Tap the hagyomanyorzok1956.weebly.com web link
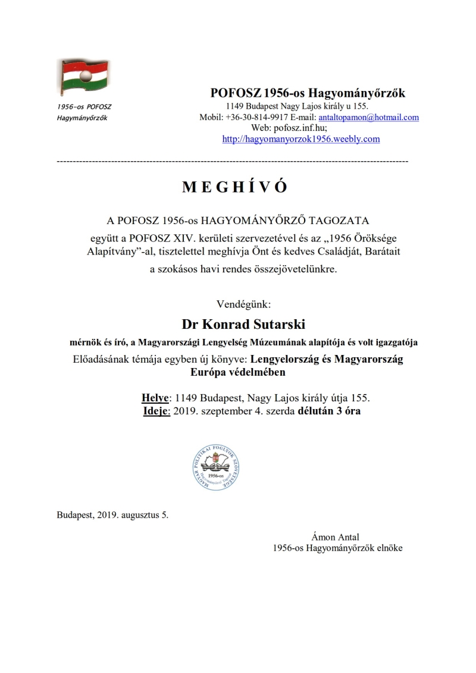(300, 139)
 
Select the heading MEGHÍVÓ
(234, 187)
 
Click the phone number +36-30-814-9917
(253, 117)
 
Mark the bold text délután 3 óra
(328, 411)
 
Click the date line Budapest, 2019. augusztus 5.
(112, 515)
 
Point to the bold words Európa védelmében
(237, 373)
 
